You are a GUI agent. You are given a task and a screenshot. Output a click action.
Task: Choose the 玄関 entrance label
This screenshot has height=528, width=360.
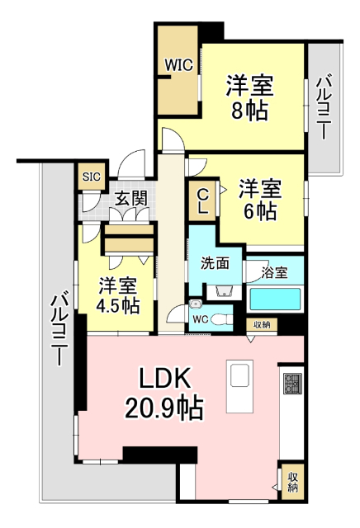pyautogui.click(x=130, y=198)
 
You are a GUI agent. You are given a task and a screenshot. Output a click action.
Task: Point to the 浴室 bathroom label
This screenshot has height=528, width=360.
pyautogui.click(x=272, y=270)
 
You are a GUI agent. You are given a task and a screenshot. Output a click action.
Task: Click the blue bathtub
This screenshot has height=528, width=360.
pyautogui.click(x=276, y=299)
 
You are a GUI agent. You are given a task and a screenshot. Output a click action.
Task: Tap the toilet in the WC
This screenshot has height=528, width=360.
pyautogui.click(x=220, y=319)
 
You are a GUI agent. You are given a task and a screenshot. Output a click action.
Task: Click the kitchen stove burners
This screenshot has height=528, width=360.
pyautogui.click(x=293, y=384)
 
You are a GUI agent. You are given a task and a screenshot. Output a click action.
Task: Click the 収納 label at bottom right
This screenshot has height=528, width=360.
pyautogui.click(x=293, y=483)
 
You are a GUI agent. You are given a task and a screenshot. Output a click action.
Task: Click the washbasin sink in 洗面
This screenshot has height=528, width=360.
pyautogui.click(x=220, y=291)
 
